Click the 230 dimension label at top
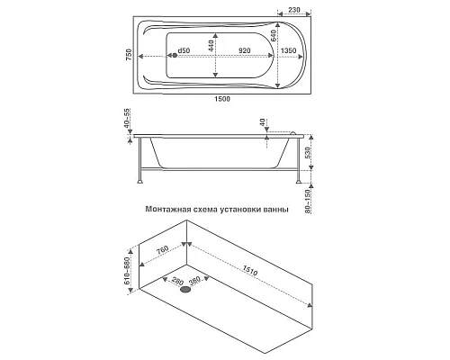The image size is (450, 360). [294, 10]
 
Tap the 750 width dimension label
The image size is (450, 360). [129, 55]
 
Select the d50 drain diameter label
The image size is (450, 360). [184, 50]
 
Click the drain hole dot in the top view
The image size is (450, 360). [175, 55]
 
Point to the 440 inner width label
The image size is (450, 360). [211, 46]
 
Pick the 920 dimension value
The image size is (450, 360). [245, 50]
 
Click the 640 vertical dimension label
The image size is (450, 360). [274, 36]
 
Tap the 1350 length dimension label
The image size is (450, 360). [288, 50]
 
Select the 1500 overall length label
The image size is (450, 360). [222, 99]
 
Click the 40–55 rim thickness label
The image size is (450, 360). [127, 118]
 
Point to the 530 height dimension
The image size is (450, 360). [307, 153]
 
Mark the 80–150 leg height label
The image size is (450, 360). [307, 202]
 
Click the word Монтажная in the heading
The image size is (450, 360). [168, 209]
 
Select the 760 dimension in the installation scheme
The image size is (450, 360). [163, 250]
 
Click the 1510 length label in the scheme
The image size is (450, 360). [250, 271]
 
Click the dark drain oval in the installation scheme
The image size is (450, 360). [186, 290]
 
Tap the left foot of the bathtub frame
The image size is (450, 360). [139, 181]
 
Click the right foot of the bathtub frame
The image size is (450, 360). [299, 181]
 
